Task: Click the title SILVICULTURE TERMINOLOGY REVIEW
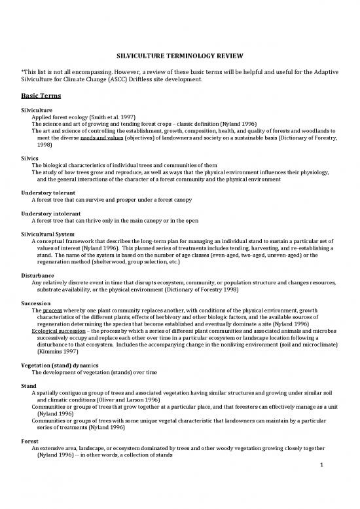[x=179, y=57]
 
